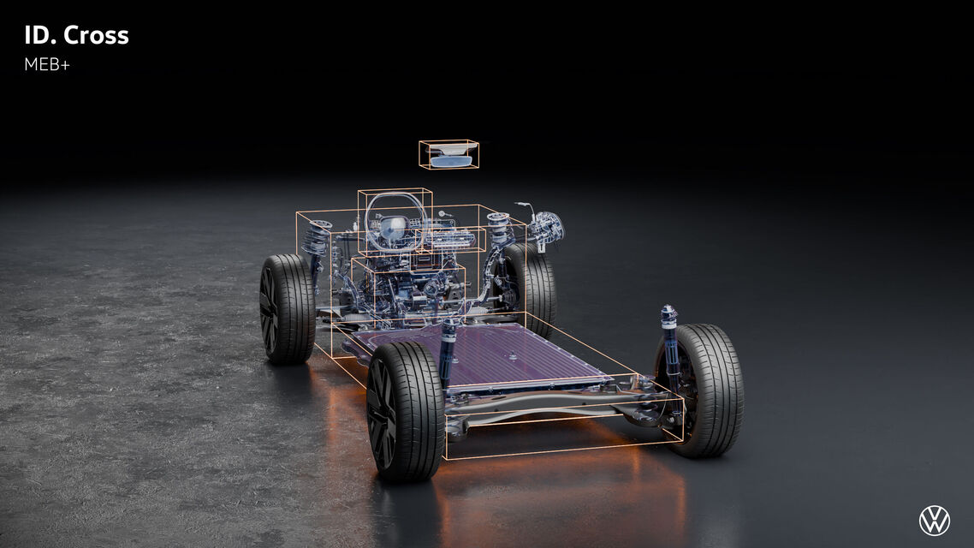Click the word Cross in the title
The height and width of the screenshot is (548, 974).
pos(96,35)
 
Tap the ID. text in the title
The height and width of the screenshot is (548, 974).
pos(40,35)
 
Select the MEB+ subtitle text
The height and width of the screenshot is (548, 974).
pos(47,64)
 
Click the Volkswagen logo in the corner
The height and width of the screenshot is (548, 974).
pos(935,521)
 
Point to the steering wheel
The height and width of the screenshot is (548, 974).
pos(395,221)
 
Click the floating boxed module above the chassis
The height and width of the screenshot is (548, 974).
pos(448,154)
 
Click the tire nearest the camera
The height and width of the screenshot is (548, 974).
pos(405,411)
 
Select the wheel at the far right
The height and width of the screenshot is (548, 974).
pos(700,390)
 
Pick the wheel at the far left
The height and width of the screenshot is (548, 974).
pos(287,309)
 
